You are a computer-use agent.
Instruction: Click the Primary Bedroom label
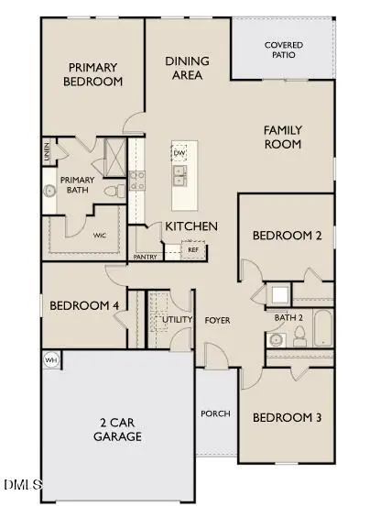[92, 73]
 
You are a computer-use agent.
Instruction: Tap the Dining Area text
[187, 68]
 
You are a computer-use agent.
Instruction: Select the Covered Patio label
[284, 50]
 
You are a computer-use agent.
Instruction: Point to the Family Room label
[283, 137]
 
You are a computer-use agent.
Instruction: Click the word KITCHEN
[190, 226]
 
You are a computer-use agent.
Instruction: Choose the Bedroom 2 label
[287, 236]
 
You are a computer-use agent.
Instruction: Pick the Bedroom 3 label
[287, 417]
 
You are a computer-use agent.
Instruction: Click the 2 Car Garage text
[121, 430]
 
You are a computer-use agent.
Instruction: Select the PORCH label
[215, 413]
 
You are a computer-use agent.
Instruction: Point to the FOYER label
[217, 320]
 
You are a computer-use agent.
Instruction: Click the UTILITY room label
[177, 320]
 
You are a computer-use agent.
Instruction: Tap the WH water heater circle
[51, 360]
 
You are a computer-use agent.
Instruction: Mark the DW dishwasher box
[179, 152]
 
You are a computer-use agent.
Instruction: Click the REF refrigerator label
[193, 248]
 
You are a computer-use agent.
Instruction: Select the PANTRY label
[145, 257]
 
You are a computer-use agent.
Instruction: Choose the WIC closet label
[100, 235]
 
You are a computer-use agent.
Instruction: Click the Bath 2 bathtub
[322, 328]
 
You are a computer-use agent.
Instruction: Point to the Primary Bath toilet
[113, 193]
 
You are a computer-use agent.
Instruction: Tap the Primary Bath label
[78, 185]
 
